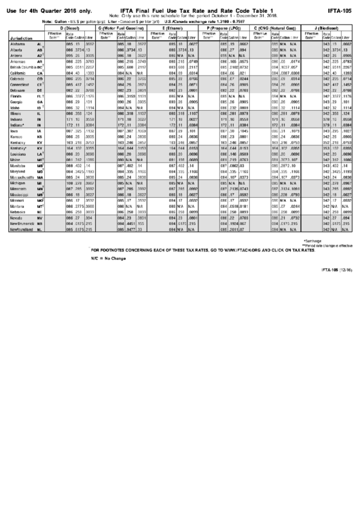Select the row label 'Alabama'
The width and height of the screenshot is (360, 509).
20,43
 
